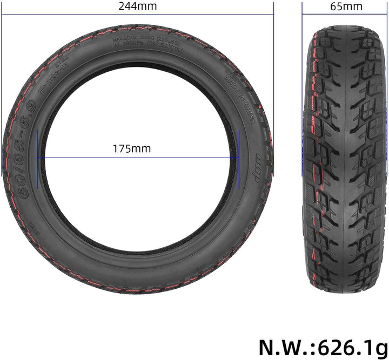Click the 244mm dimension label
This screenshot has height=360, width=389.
[138, 6]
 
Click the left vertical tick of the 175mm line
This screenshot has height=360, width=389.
[38, 158]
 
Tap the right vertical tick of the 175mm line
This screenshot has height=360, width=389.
[238, 158]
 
